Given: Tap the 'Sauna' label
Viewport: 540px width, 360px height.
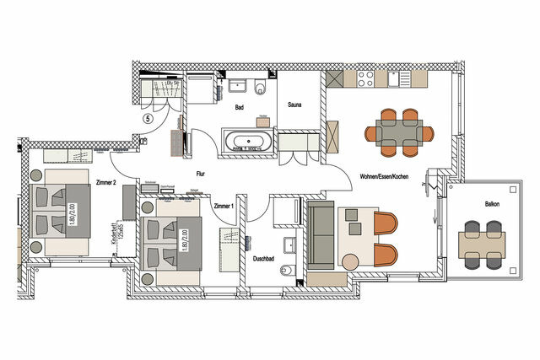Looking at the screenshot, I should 294,105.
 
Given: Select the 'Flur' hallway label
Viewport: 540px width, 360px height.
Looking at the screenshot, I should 201,173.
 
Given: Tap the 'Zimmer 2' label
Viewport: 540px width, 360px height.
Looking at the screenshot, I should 105,182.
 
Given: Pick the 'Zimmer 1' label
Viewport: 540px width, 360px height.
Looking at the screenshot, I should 224,206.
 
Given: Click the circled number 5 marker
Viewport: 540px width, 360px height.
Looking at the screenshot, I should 148,120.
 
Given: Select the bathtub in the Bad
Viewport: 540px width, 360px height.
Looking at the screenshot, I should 246,140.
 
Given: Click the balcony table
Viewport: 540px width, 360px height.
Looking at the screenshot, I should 482,244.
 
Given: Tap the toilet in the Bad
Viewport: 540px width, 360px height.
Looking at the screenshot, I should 259,89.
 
